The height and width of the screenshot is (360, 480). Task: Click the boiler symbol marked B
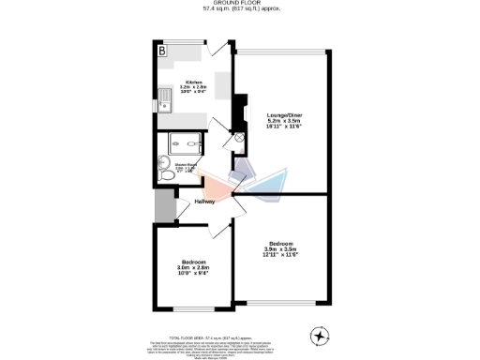pyautogui.click(x=161, y=51)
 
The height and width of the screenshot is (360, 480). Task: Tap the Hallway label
pyautogui.click(x=205, y=202)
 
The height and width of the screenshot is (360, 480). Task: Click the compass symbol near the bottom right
pyautogui.click(x=320, y=335)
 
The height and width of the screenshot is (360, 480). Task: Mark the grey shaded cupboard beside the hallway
pyautogui.click(x=165, y=204)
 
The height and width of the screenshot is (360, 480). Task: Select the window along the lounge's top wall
pyautogui.click(x=281, y=51)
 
